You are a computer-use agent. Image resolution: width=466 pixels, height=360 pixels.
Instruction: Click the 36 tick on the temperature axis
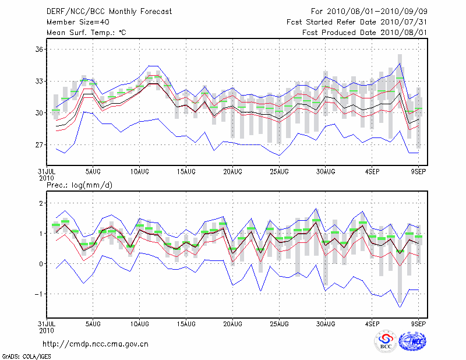tap(38, 50)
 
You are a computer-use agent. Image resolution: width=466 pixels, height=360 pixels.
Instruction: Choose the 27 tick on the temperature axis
tap(38, 144)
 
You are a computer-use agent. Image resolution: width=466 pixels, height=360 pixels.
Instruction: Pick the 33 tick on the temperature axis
tap(38, 81)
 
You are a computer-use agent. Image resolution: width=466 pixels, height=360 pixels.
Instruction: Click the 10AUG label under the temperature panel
tap(139, 172)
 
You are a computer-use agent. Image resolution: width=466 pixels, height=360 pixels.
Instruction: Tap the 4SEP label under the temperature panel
tap(373, 172)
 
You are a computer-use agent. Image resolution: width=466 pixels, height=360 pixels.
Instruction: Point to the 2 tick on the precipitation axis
tap(41, 203)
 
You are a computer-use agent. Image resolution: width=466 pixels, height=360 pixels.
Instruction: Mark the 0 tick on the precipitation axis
tap(41, 264)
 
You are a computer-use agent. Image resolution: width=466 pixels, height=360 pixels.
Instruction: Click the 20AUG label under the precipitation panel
tap(232, 323)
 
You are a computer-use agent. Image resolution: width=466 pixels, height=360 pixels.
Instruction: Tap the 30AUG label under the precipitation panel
tap(326, 323)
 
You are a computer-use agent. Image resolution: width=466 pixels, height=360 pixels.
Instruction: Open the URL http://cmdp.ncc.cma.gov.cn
tap(96, 344)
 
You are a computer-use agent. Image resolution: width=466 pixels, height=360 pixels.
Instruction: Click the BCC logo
tap(386, 341)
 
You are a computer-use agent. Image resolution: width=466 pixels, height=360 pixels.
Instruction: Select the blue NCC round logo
tap(412, 341)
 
